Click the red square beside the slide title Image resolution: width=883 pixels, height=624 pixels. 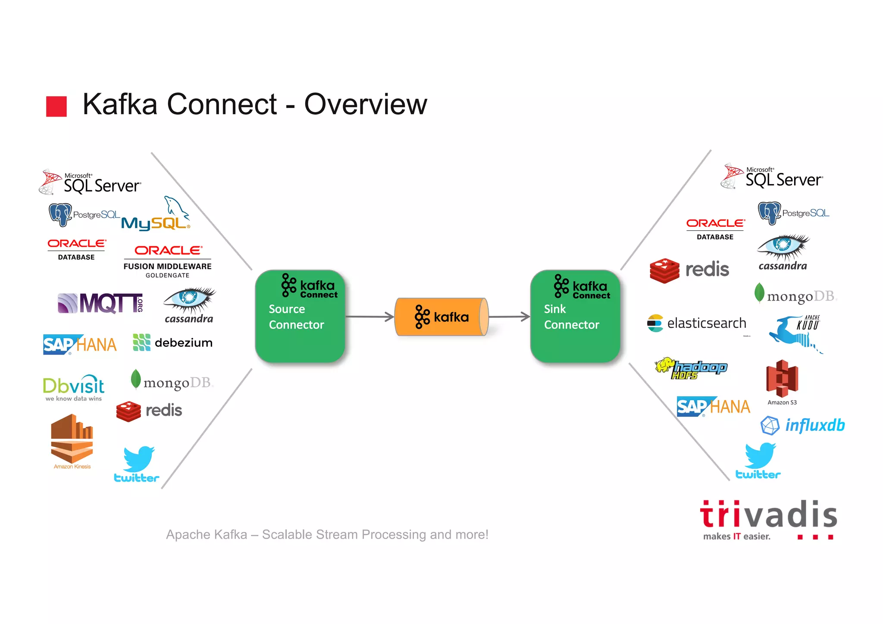tap(56, 107)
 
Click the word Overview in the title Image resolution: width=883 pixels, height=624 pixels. tap(365, 104)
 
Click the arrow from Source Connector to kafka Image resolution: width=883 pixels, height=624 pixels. tap(369, 317)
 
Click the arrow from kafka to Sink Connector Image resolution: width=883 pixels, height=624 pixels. tap(509, 317)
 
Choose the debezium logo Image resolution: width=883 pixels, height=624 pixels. tap(172, 342)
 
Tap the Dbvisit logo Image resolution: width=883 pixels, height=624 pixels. tap(74, 388)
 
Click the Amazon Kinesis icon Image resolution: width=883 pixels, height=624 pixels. tap(72, 440)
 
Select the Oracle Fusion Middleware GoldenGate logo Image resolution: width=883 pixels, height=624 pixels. tap(167, 261)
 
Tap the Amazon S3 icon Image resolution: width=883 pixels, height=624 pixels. tap(782, 379)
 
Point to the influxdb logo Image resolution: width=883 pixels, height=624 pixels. tap(802, 425)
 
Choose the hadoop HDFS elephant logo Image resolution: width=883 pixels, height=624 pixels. tap(691, 368)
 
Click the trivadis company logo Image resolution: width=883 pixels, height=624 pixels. tap(768, 519)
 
